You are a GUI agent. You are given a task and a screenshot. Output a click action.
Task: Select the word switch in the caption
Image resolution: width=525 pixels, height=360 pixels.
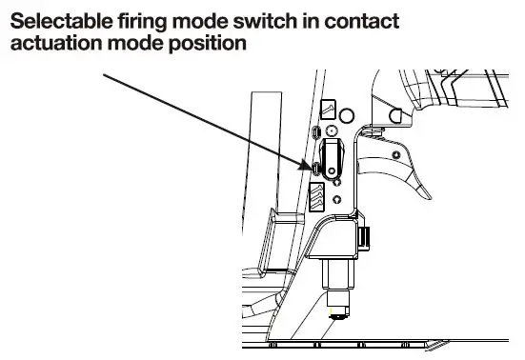261,20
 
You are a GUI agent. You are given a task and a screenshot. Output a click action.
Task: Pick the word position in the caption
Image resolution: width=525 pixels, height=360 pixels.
199,44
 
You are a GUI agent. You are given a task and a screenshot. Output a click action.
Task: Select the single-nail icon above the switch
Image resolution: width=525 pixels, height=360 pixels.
328,110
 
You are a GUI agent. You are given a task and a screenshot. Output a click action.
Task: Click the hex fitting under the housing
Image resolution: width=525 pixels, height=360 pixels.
336,276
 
